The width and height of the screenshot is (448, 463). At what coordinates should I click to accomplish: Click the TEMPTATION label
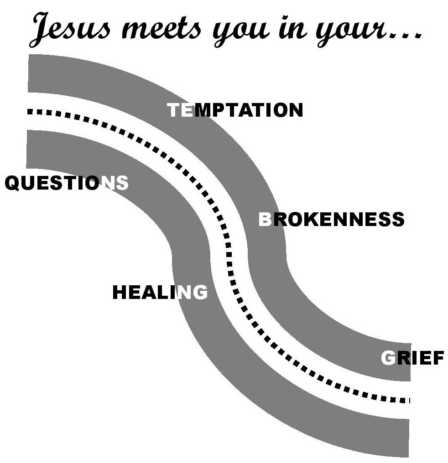[x=235, y=110]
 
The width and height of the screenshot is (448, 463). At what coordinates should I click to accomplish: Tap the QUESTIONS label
[x=67, y=183]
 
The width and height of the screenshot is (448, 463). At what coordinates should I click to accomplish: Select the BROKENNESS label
[x=331, y=220]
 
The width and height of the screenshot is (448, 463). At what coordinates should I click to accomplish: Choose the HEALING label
[x=160, y=292]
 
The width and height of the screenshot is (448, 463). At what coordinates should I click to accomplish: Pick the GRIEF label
[x=412, y=359]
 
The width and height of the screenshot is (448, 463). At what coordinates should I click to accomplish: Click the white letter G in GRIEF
[x=388, y=359]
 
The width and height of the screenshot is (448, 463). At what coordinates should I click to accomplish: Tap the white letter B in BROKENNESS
[x=265, y=220]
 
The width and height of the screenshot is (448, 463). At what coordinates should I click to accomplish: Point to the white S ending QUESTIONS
[x=122, y=183]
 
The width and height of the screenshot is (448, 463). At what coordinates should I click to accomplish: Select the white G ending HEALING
[x=200, y=292]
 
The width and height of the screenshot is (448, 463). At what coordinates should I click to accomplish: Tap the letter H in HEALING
[x=120, y=292]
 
